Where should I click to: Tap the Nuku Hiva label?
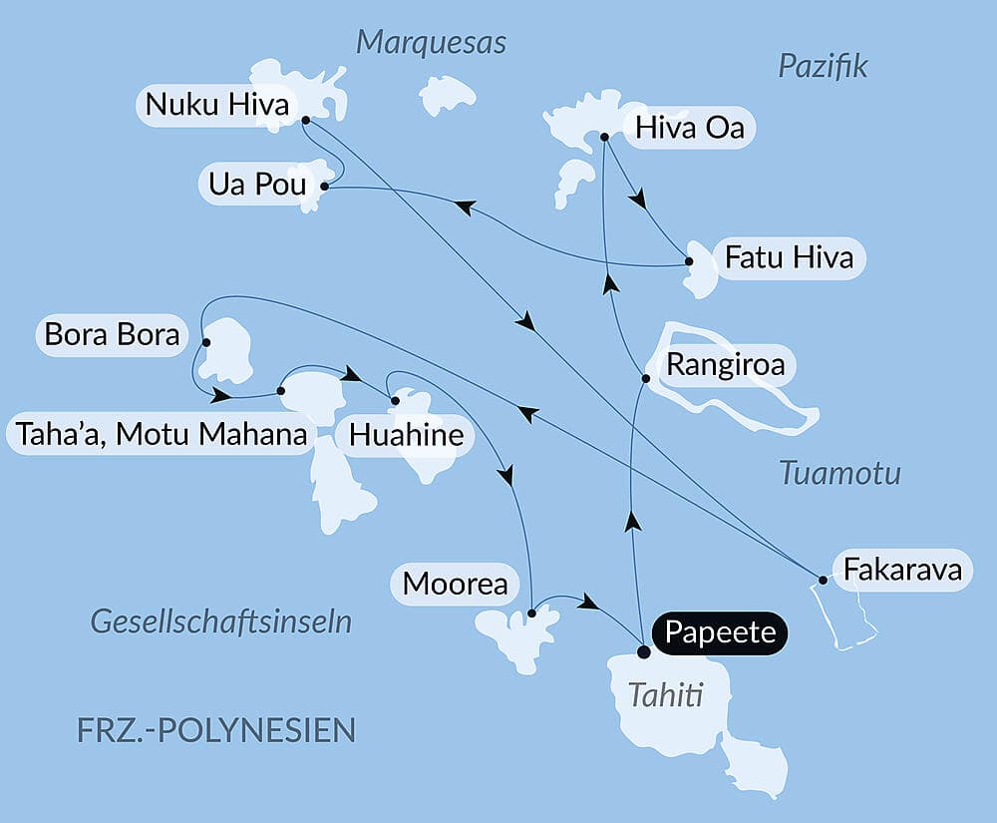(x=216, y=104)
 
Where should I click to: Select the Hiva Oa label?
(x=689, y=128)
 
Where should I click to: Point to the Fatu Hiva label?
(x=789, y=257)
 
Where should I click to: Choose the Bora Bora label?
(x=112, y=334)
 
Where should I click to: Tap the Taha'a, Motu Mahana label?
(x=160, y=435)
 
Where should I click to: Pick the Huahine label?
(x=407, y=435)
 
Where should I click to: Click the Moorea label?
(x=456, y=585)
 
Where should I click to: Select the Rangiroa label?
(x=725, y=364)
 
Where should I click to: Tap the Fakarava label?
(x=902, y=571)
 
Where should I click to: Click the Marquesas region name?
(x=432, y=42)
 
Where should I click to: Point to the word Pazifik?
(x=823, y=66)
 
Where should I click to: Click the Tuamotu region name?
(x=839, y=473)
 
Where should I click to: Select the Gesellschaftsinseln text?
(x=221, y=621)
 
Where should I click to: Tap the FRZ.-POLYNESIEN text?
(x=215, y=729)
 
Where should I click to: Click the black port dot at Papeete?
(x=644, y=652)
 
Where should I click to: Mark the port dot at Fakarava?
(x=823, y=580)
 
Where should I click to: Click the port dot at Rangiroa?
(x=646, y=379)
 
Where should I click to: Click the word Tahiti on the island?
(x=665, y=695)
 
